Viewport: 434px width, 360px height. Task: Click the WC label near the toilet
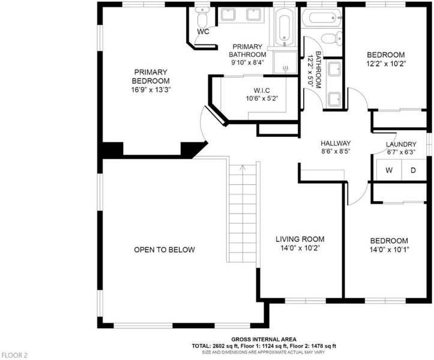click(203, 32)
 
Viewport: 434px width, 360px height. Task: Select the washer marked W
click(389, 170)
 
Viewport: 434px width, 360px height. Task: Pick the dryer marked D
click(413, 170)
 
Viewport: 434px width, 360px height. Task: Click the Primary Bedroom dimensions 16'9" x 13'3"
click(151, 89)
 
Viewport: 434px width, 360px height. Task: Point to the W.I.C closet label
click(262, 91)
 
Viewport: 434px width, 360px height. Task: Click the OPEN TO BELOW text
click(164, 250)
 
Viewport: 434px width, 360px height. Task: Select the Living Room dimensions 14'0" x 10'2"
click(300, 248)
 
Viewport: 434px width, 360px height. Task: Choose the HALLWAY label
click(336, 143)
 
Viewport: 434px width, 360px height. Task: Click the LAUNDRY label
click(401, 144)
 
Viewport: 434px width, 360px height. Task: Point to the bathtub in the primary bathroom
click(285, 27)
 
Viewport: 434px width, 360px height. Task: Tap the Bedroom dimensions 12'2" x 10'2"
click(386, 64)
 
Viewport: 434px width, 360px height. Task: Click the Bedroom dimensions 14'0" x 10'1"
click(389, 250)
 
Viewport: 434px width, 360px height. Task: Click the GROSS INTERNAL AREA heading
click(264, 339)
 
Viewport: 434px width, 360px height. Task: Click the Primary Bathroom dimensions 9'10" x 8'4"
click(248, 62)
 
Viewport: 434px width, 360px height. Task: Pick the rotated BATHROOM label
click(318, 70)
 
